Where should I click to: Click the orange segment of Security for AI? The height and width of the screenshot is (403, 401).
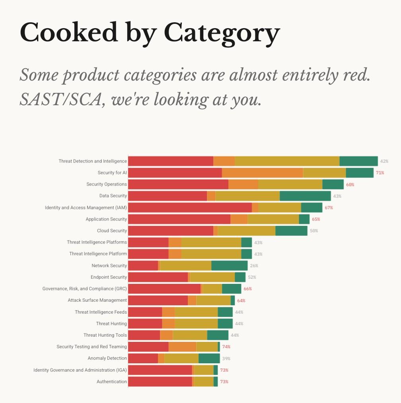[x=262, y=173]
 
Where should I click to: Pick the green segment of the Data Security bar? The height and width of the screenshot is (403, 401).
[x=305, y=196]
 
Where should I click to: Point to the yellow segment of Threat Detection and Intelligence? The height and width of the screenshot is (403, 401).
[x=287, y=161]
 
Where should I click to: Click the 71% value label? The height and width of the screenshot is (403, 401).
[x=380, y=173]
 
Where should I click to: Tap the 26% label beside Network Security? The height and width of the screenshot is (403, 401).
[x=254, y=266]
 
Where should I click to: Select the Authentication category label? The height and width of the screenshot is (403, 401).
[x=112, y=382]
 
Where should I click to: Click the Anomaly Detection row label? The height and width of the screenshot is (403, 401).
[x=107, y=358]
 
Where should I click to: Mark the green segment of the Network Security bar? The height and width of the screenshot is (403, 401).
[x=230, y=266]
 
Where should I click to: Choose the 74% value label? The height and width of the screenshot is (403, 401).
[x=226, y=347]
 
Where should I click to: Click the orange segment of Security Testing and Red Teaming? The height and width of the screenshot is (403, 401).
[x=182, y=347]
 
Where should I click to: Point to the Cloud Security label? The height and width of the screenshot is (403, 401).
[x=112, y=231]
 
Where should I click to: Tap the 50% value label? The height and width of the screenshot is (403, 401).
[x=313, y=231]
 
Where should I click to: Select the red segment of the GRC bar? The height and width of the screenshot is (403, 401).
[x=164, y=289]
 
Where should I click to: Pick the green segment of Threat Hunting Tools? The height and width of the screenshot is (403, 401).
[x=218, y=335]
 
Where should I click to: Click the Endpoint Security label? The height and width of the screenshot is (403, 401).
[x=109, y=277]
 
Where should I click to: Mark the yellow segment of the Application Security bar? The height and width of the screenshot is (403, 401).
[x=273, y=219]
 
